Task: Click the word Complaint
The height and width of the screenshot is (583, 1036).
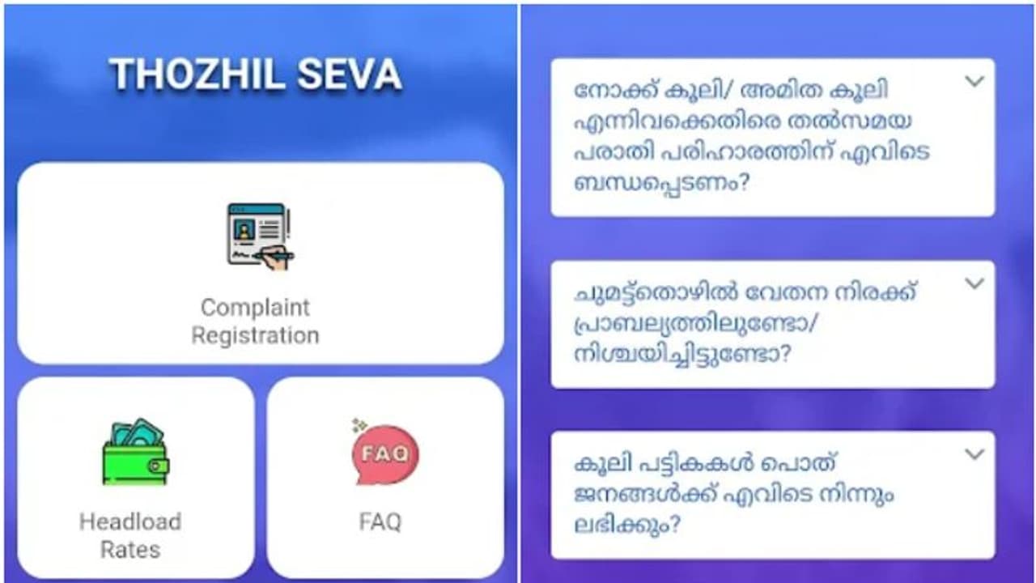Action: click(255, 308)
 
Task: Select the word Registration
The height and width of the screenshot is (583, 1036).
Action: click(255, 335)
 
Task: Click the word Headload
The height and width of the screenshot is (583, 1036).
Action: click(129, 521)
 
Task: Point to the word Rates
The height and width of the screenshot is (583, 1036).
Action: click(129, 550)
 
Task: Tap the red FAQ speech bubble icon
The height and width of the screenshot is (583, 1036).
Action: click(384, 454)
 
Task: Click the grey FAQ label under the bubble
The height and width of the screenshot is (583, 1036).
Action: click(380, 521)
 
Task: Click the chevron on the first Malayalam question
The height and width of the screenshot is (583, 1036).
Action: click(974, 81)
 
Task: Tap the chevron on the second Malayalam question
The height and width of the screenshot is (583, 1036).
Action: click(974, 283)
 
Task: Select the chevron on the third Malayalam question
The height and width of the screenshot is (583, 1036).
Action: click(974, 454)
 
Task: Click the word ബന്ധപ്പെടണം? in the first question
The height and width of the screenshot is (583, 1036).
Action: click(660, 183)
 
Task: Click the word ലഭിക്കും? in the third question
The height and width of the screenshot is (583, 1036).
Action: click(626, 525)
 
